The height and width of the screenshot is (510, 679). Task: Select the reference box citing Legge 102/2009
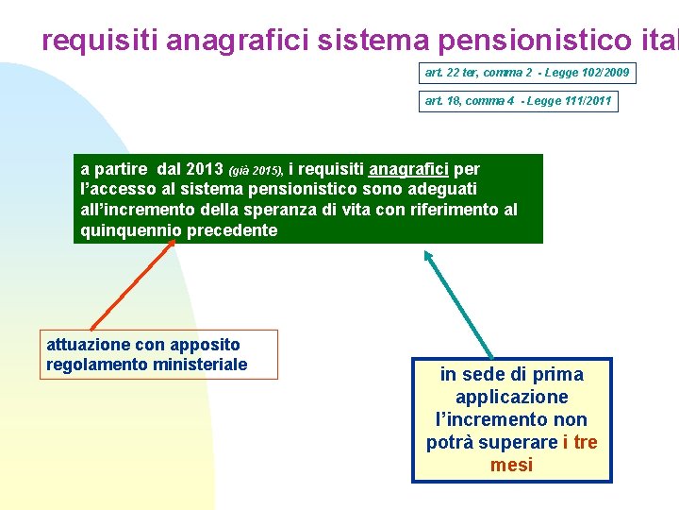(x=526, y=73)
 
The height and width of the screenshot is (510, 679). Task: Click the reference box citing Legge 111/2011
(x=518, y=101)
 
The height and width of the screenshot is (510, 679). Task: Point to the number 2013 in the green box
(x=205, y=170)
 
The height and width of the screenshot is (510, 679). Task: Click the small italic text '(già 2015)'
(x=256, y=171)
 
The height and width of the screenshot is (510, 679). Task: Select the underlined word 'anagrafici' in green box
(x=409, y=170)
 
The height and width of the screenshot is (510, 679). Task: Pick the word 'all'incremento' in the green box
(x=139, y=210)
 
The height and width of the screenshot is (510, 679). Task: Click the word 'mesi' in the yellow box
(x=511, y=465)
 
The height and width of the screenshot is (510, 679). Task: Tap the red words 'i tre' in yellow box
(x=579, y=442)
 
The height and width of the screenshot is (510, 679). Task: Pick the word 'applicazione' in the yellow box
(x=511, y=397)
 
